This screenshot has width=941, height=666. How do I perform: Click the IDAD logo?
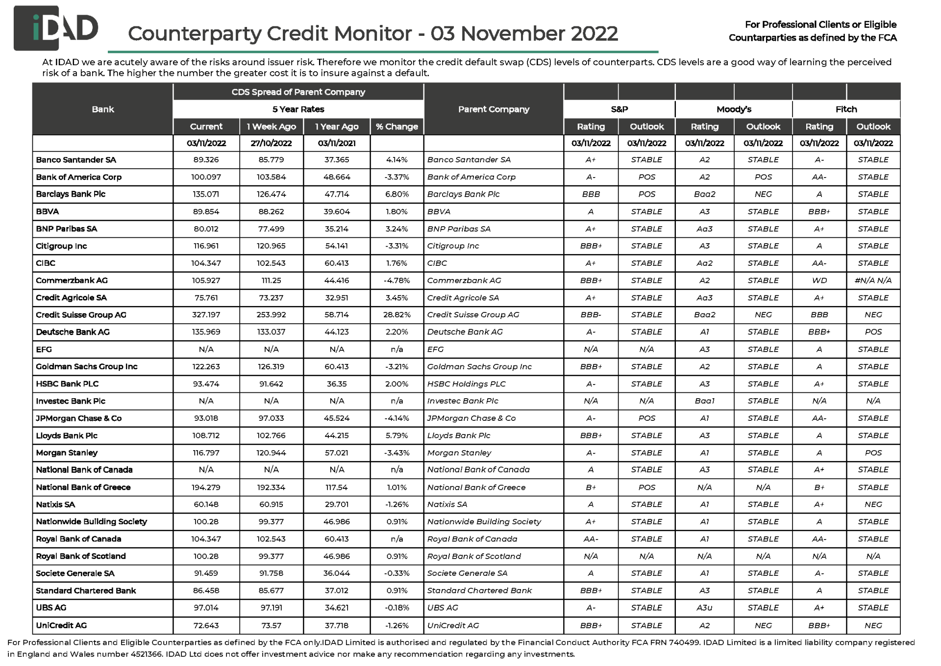(x=55, y=28)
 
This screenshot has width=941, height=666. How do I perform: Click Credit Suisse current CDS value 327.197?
(x=206, y=315)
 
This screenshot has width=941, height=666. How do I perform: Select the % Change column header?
(x=396, y=127)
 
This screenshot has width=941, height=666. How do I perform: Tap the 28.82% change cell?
(x=396, y=315)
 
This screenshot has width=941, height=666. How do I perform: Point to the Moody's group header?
(x=733, y=109)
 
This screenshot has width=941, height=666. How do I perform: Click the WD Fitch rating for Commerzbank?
(x=819, y=281)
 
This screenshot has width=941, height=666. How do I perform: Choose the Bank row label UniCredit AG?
(x=61, y=625)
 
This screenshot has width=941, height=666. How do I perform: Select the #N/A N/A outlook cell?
(x=873, y=281)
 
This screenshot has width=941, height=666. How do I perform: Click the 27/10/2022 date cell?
(x=271, y=143)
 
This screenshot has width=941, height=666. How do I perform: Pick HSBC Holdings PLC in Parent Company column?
(x=466, y=384)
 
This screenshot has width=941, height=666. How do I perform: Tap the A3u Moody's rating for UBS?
(x=704, y=608)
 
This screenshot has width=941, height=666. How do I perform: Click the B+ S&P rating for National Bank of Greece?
(x=591, y=487)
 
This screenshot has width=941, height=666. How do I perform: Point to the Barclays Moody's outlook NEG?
(x=763, y=194)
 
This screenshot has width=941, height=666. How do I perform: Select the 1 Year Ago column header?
(x=337, y=127)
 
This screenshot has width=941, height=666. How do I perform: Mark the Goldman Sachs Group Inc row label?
(x=87, y=366)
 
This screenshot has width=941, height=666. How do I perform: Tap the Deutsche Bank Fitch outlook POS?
(x=873, y=332)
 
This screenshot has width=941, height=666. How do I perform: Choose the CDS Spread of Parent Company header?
(x=298, y=92)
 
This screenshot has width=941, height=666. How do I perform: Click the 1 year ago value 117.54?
(x=337, y=487)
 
